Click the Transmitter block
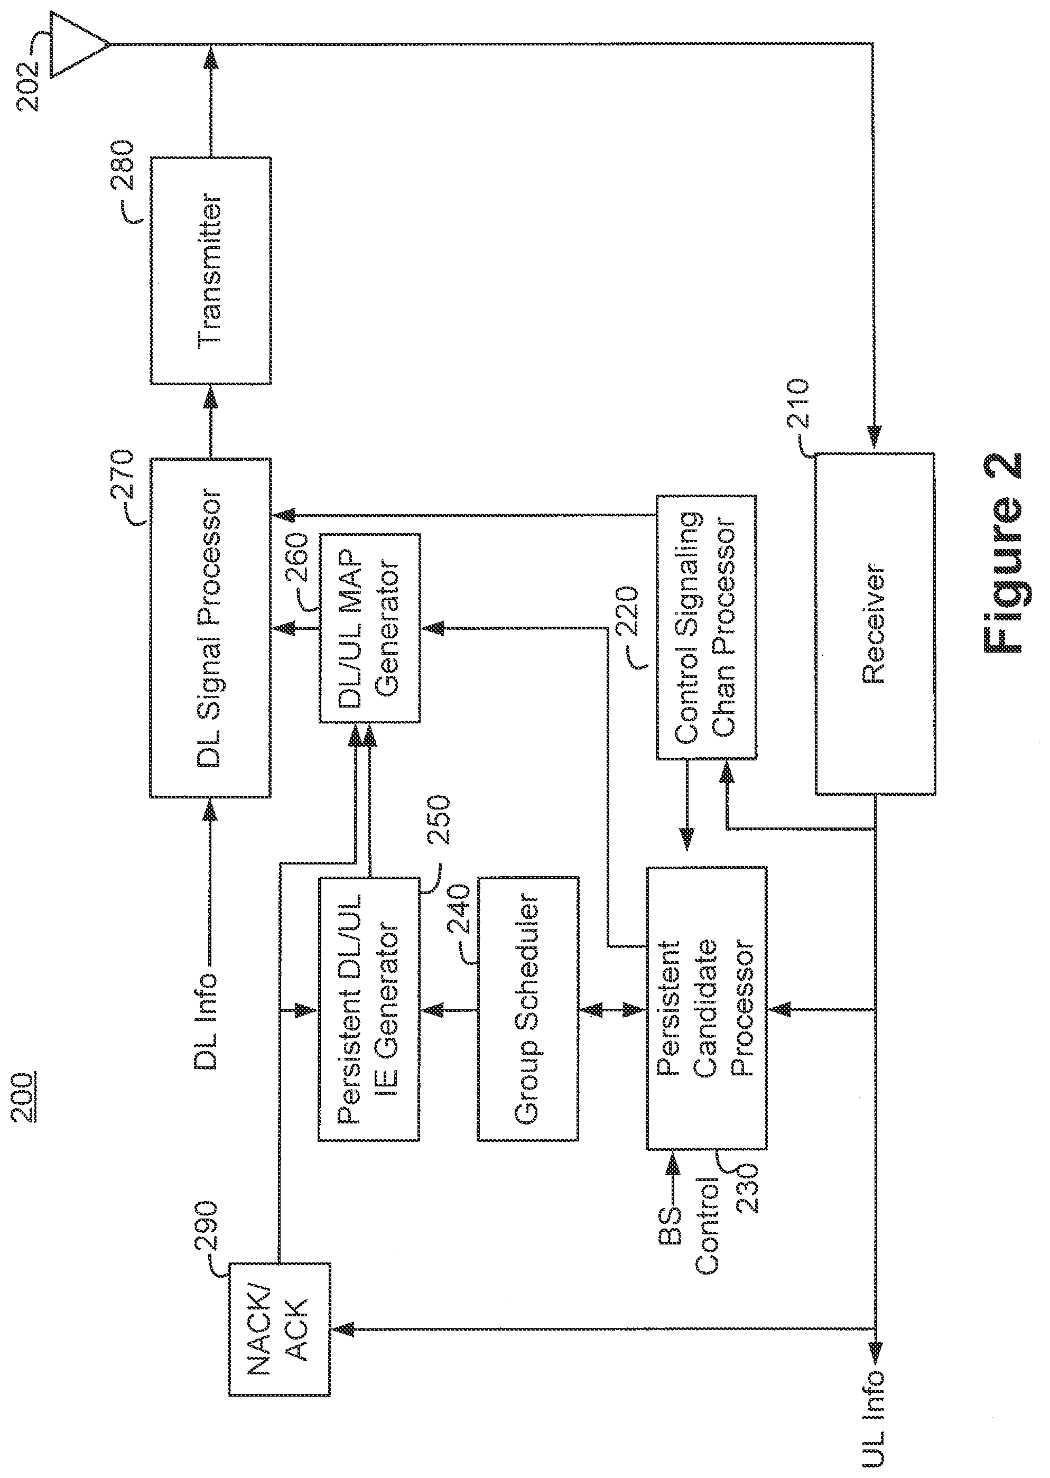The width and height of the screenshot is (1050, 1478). click(x=211, y=270)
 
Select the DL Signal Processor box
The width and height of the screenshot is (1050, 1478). click(x=211, y=628)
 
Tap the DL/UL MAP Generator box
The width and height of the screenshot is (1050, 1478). click(x=370, y=628)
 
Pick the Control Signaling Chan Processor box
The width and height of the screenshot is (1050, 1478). click(x=706, y=627)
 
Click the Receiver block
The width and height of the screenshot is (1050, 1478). click(x=875, y=624)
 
